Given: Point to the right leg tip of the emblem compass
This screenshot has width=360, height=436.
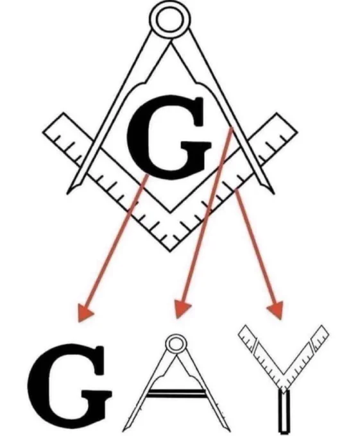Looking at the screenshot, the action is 274,193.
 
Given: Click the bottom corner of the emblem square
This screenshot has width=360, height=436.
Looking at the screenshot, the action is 170,251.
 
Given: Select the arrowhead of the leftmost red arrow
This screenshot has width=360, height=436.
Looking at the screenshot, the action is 84,312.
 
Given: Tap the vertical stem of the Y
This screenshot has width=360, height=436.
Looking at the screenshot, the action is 284,412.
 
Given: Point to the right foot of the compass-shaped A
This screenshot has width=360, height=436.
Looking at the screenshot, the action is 228,430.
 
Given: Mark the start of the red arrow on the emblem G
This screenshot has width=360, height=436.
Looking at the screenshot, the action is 146,176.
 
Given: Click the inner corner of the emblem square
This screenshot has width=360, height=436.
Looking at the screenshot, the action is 170,213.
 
